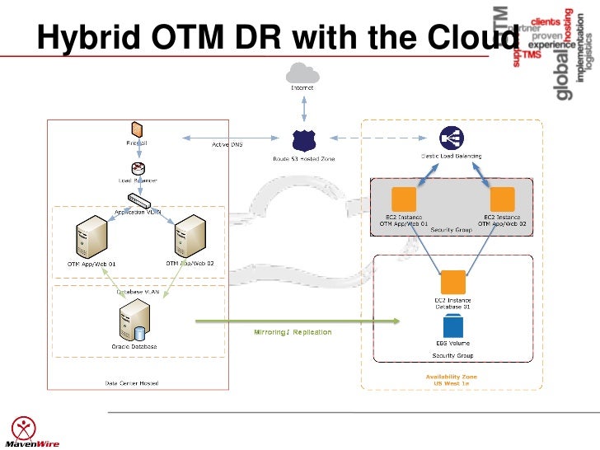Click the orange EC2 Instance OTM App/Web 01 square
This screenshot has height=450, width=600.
404,199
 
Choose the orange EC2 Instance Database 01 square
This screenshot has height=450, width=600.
452,282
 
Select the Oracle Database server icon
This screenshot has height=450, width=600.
134,321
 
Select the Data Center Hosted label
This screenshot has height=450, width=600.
132,382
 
